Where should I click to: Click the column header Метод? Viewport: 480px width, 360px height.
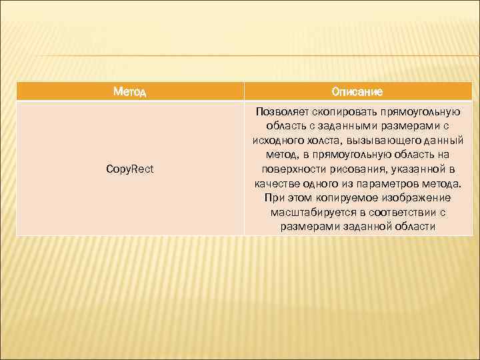pyautogui.click(x=130, y=91)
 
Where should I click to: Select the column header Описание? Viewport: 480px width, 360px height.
pyautogui.click(x=357, y=91)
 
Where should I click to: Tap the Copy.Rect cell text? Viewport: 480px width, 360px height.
pyautogui.click(x=130, y=169)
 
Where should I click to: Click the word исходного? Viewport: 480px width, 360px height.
pyautogui.click(x=277, y=140)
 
